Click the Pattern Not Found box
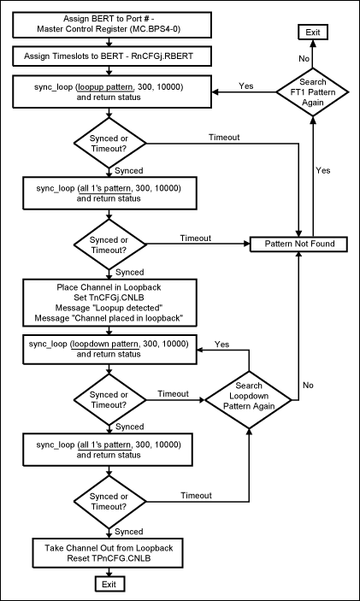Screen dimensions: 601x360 [298, 245]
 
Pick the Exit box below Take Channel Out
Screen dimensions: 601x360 [108, 584]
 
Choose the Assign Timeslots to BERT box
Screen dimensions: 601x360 [108, 56]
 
